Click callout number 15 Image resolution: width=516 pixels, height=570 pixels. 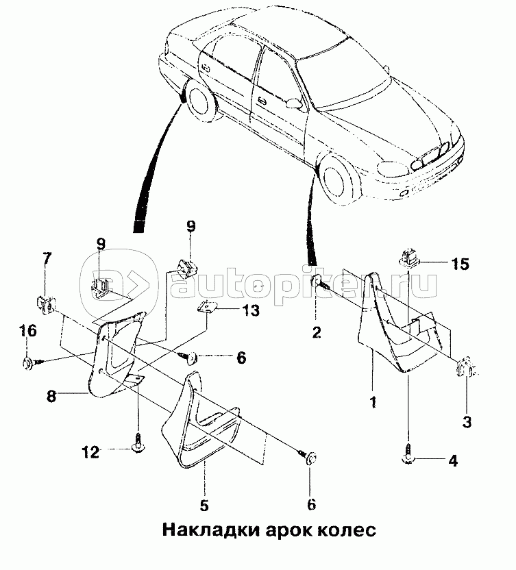[460, 264]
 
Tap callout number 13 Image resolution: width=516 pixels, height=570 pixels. [250, 310]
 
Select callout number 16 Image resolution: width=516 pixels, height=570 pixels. [28, 331]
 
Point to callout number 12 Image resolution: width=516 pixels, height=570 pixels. [90, 453]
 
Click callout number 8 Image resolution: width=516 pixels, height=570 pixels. [51, 396]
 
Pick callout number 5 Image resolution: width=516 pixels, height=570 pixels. [204, 506]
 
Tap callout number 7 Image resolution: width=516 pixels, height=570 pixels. [47, 258]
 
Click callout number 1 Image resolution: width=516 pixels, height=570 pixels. [373, 402]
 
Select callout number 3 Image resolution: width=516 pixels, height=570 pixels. [467, 422]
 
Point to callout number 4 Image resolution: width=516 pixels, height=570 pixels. [453, 461]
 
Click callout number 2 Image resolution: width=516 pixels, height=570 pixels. [317, 332]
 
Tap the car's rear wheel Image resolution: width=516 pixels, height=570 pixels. [201, 103]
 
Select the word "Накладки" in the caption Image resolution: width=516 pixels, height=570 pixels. [210, 530]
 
